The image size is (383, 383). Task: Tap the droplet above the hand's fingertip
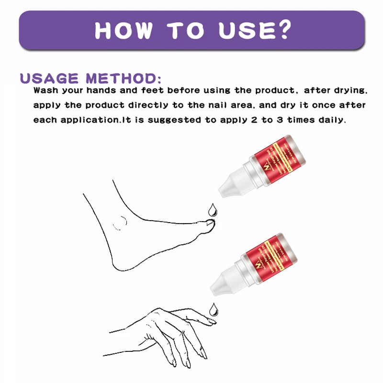coord(212,310)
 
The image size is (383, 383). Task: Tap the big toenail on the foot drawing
coord(209,222)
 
